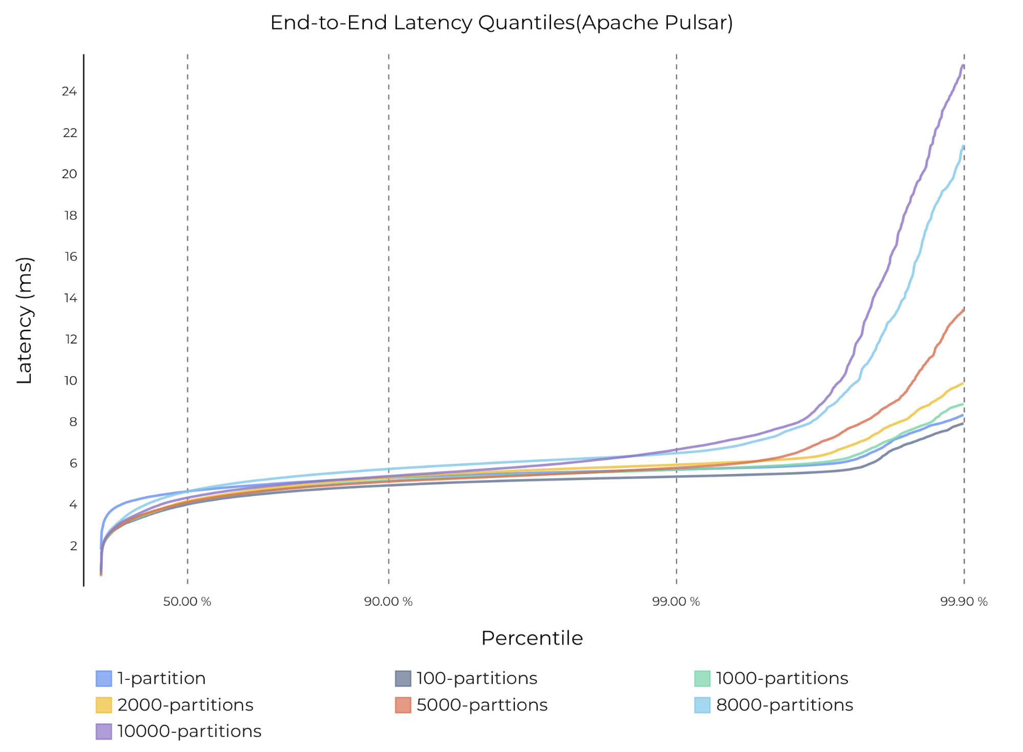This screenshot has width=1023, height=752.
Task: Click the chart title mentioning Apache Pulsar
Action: (x=502, y=23)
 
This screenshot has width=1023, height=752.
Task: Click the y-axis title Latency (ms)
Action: (x=25, y=320)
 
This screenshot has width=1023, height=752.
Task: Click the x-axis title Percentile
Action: (x=532, y=638)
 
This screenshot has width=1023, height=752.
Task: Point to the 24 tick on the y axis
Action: (x=69, y=92)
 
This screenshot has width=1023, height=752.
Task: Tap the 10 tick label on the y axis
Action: (x=71, y=381)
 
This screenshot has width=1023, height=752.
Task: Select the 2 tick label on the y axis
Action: (x=74, y=546)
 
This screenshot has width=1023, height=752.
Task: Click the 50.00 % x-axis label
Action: (x=187, y=602)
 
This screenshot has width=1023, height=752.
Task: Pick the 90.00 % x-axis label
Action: (x=388, y=602)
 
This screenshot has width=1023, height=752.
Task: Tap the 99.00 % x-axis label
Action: (x=676, y=602)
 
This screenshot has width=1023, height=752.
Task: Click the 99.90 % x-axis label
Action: (x=964, y=602)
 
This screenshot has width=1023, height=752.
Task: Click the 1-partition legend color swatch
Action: (x=103, y=679)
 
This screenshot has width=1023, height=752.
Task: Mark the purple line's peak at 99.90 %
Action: (x=963, y=66)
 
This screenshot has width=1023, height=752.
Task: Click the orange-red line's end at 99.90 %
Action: (x=964, y=310)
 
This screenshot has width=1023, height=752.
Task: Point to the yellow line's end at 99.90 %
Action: (x=963, y=383)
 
